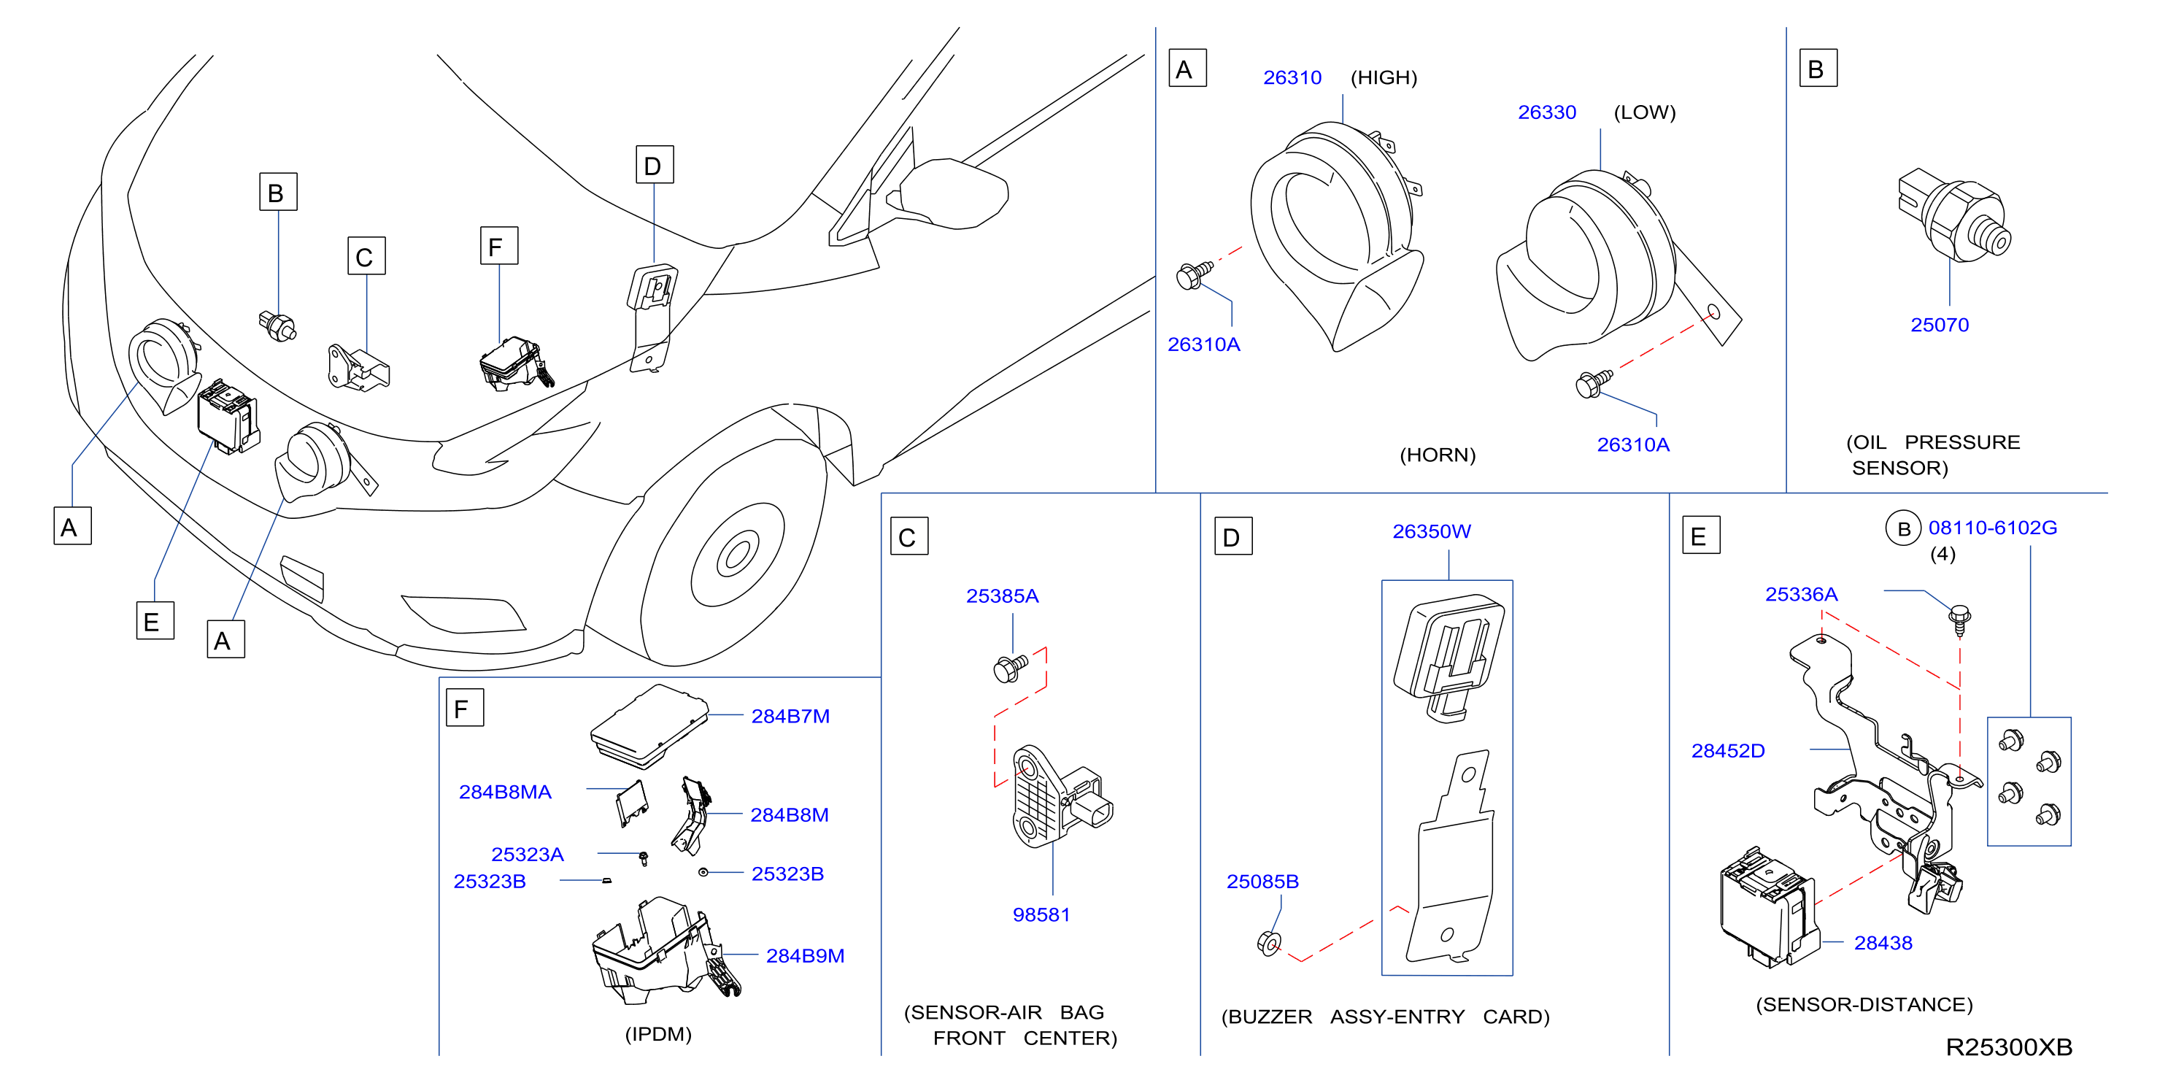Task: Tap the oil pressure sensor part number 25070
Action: (1939, 325)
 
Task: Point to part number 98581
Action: (1041, 914)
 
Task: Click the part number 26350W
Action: (1431, 531)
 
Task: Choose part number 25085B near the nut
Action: (1262, 881)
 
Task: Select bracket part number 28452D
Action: (1727, 751)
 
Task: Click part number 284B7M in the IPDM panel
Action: (790, 716)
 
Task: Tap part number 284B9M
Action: (805, 956)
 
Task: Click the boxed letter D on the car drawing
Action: (654, 165)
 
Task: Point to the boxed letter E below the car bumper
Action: (155, 620)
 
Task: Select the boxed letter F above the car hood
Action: (498, 246)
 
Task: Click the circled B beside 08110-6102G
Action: (1903, 528)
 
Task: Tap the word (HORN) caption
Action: (1437, 455)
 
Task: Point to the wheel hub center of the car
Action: (736, 555)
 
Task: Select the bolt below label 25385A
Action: (1010, 668)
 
